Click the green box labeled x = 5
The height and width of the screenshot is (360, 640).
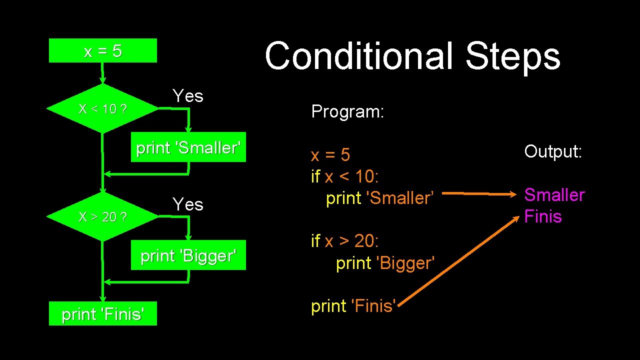102,50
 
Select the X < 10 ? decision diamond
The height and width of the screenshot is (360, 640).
102,108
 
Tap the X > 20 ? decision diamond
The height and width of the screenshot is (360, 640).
102,216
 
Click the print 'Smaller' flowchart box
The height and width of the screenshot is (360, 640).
188,147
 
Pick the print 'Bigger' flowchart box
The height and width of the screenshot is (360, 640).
188,255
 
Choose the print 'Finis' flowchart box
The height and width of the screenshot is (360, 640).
102,313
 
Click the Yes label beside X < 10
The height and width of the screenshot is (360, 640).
188,95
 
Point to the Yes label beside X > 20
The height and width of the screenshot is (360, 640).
188,204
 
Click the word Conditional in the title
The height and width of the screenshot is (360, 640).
358,56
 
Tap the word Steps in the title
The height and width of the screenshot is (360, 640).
513,56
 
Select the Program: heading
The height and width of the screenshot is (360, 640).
347,111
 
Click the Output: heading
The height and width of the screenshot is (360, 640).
553,151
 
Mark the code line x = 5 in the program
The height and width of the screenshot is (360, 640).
330,155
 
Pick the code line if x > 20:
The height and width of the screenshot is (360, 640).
345,241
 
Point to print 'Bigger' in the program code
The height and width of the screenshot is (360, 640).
385,263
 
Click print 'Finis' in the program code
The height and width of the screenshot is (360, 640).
354,305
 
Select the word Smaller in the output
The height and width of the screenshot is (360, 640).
554,194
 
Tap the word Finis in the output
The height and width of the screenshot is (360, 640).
543,216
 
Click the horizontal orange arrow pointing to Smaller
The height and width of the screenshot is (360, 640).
480,193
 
